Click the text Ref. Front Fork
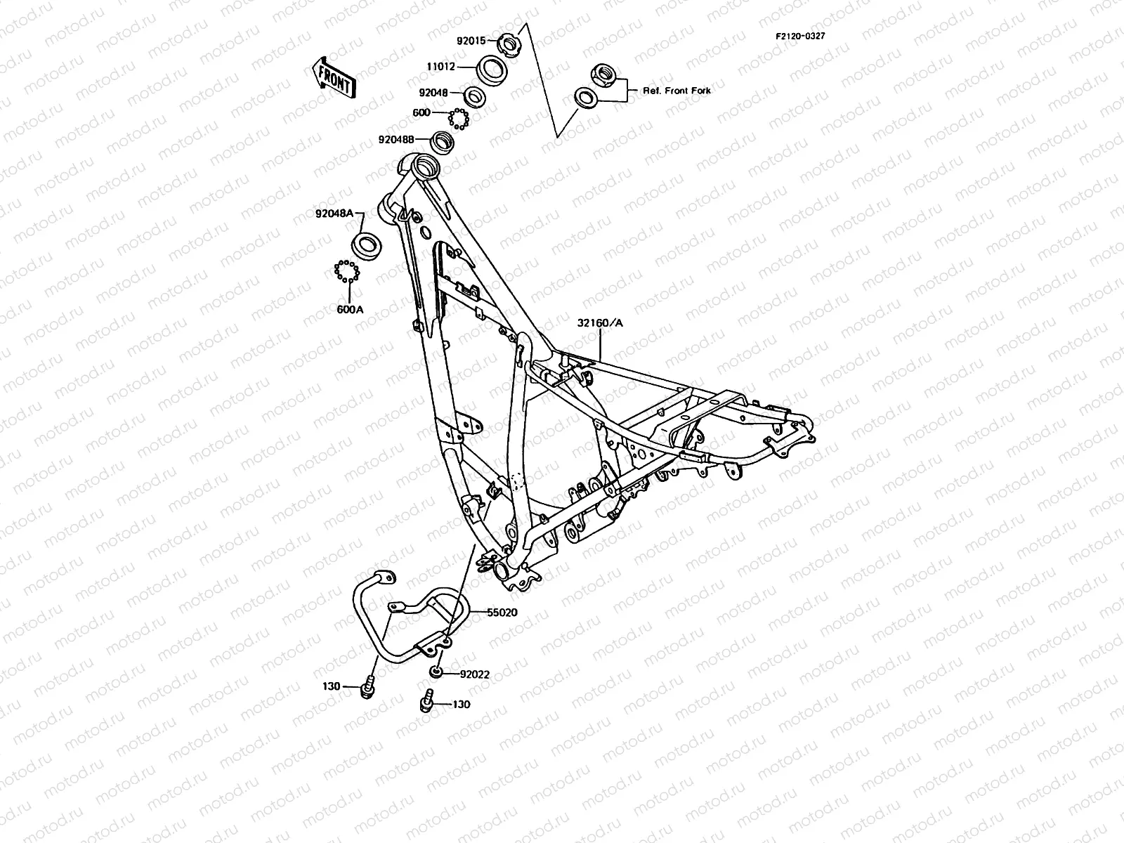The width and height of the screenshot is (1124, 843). (677, 91)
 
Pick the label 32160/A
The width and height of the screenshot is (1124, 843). (601, 323)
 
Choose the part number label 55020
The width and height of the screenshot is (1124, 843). (502, 613)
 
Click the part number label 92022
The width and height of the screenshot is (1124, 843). (475, 674)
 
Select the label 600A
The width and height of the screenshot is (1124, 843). (349, 309)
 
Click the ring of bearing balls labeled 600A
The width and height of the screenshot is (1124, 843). (346, 270)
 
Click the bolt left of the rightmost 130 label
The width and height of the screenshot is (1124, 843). (426, 700)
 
